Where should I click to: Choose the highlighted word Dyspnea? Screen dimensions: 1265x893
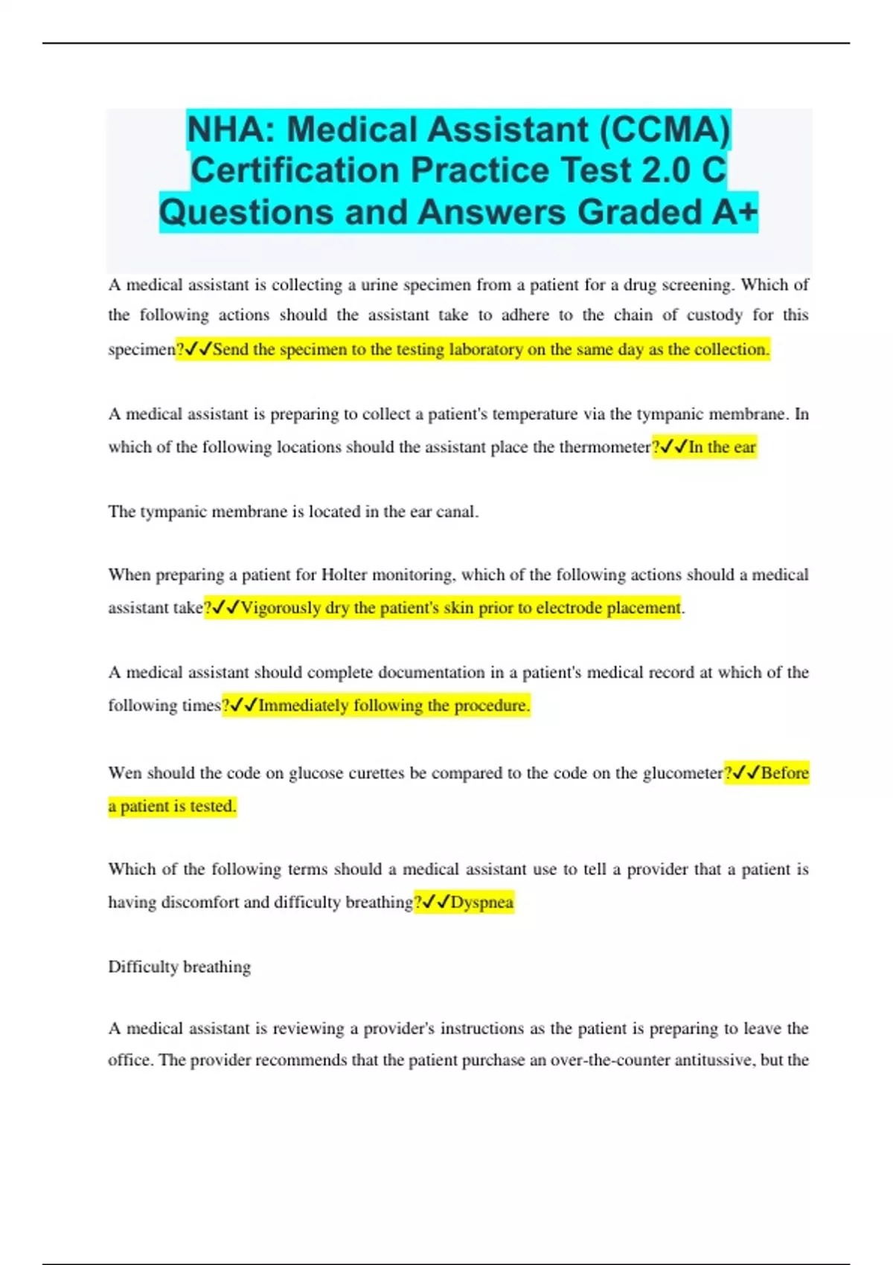(482, 902)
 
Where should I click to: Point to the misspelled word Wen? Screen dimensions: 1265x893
(124, 773)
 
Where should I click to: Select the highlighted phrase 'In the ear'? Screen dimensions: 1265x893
(722, 447)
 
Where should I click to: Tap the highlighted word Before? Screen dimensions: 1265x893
(784, 773)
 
